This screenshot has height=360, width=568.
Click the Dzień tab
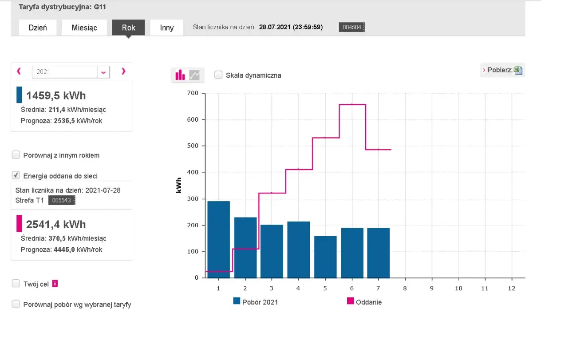click(x=38, y=28)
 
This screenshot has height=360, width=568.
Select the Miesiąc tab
click(x=84, y=28)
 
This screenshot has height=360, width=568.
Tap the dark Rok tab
click(x=129, y=28)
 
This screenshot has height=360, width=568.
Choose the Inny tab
click(x=166, y=28)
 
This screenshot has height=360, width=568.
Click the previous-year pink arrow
click(x=19, y=71)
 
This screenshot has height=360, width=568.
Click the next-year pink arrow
click(x=123, y=71)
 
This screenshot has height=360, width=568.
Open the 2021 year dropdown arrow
click(x=103, y=72)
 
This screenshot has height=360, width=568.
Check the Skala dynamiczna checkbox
click(x=218, y=75)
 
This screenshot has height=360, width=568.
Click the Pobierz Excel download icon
click(x=518, y=70)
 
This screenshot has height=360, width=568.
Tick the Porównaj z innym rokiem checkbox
click(x=16, y=155)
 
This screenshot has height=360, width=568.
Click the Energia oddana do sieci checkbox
click(x=16, y=175)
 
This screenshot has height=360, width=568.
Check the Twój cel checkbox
click(x=16, y=283)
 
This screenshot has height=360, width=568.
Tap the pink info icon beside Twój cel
click(x=55, y=283)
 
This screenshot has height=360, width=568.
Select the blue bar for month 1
click(x=219, y=240)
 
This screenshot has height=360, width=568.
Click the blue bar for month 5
click(x=325, y=257)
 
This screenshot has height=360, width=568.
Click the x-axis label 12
click(x=512, y=288)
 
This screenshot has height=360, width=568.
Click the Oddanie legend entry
click(x=364, y=302)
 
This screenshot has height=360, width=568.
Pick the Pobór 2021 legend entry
click(x=256, y=302)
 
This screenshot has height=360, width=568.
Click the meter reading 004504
click(x=352, y=27)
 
